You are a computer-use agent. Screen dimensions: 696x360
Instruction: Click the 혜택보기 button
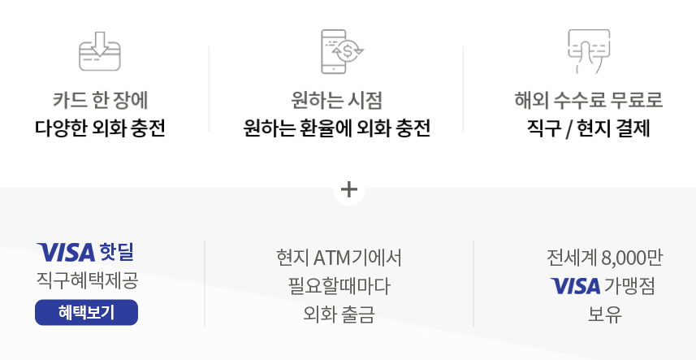(86, 312)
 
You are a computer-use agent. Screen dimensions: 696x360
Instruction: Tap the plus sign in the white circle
(349, 189)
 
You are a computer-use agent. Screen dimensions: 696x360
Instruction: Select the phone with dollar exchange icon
(342, 50)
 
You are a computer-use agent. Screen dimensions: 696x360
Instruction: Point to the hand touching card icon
(588, 50)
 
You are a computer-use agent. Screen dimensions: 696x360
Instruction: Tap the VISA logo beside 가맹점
(574, 286)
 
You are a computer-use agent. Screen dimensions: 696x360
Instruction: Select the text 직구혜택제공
(87, 280)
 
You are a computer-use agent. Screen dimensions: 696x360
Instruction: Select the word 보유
(605, 314)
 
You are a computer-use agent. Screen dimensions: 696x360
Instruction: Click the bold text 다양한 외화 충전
(100, 128)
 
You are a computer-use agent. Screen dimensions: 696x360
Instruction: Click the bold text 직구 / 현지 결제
(589, 128)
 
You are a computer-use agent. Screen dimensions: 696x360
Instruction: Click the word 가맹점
(629, 286)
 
